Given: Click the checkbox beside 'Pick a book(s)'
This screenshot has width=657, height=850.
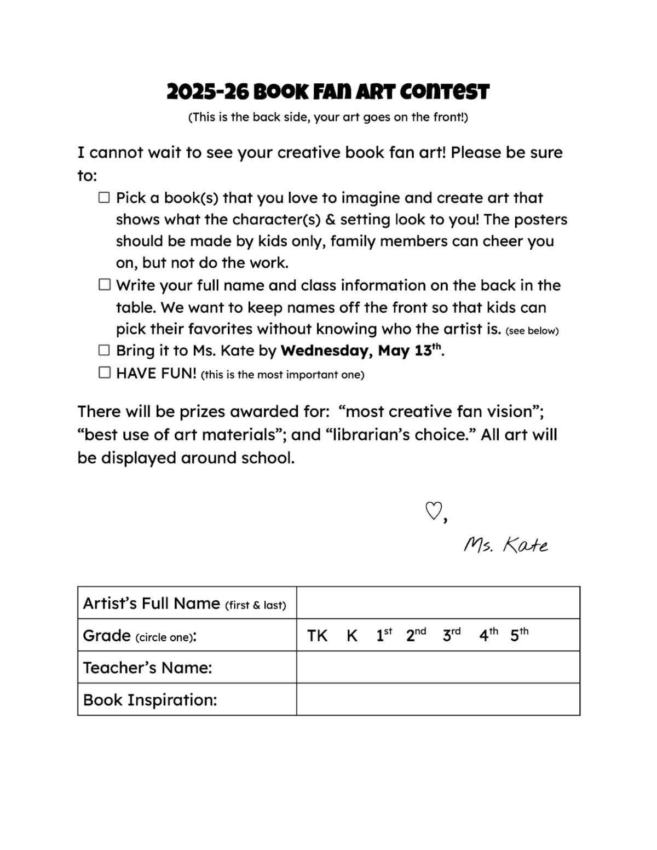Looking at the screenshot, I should [x=104, y=197].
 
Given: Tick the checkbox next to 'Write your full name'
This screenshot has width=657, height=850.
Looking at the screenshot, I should [x=104, y=285].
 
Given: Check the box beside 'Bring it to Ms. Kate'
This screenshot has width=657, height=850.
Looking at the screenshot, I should [x=104, y=350].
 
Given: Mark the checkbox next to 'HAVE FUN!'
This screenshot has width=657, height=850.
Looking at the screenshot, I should [x=104, y=372].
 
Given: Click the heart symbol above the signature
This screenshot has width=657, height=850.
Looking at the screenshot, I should [x=433, y=511].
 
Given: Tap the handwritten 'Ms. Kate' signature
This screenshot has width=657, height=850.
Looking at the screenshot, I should [x=505, y=545].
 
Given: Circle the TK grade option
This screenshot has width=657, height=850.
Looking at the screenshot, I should [x=317, y=635].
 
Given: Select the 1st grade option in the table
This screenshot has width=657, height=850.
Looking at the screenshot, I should [x=384, y=635].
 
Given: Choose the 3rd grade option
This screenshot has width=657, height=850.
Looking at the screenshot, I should [x=451, y=635].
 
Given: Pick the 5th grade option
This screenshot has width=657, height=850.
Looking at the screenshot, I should [x=519, y=635].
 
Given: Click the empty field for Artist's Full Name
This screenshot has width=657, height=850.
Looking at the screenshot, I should [x=438, y=603].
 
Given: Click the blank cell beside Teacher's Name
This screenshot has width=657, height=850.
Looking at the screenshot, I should [x=438, y=667].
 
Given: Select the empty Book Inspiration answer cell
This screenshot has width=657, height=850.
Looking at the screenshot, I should [x=438, y=699].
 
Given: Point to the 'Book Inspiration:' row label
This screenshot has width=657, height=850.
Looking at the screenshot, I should [x=150, y=700].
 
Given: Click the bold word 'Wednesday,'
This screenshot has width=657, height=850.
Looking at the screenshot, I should [x=327, y=351].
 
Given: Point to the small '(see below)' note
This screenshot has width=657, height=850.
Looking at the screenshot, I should [x=532, y=331].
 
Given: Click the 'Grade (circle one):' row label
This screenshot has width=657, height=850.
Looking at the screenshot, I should [x=140, y=636].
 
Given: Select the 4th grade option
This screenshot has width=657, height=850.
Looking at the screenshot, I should [x=488, y=635].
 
